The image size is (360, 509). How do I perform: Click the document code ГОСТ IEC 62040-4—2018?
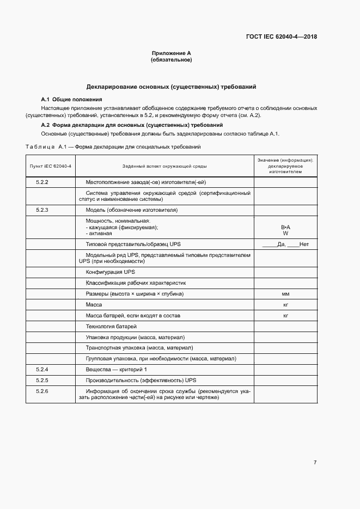(x=282, y=37)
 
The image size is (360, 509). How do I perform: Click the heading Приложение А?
(x=171, y=53)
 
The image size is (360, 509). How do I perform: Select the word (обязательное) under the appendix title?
(x=171, y=60)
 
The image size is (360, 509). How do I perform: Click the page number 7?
(x=315, y=463)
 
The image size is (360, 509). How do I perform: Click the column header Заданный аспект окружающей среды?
(x=164, y=166)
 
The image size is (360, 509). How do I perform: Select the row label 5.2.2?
(x=42, y=182)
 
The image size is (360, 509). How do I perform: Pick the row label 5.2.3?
(x=42, y=210)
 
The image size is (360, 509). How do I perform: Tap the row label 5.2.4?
(x=42, y=369)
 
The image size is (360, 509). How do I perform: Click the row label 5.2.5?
(x=42, y=379)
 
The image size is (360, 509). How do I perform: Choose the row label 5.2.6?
(x=42, y=391)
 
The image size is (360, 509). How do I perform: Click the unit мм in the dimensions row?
(x=285, y=294)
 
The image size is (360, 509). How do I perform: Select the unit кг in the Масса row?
(x=285, y=305)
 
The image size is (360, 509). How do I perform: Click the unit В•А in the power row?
(x=285, y=226)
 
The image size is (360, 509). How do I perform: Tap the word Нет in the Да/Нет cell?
(x=304, y=244)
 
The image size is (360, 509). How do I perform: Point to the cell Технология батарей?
(x=111, y=326)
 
